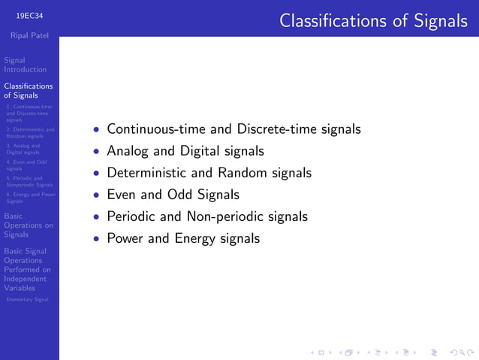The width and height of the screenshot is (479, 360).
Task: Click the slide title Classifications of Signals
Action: pyautogui.click(x=373, y=20)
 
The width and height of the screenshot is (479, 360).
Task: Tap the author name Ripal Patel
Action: pyautogui.click(x=29, y=35)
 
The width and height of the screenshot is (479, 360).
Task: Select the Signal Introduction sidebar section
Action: pyautogui.click(x=25, y=65)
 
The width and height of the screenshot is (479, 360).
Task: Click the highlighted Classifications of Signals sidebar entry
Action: pyautogui.click(x=29, y=91)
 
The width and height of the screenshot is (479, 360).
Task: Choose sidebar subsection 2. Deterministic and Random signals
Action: pyautogui.click(x=29, y=133)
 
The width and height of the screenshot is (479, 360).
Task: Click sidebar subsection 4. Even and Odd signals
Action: pyautogui.click(x=26, y=165)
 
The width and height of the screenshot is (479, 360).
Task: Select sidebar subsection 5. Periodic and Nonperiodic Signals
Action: pyautogui.click(x=29, y=181)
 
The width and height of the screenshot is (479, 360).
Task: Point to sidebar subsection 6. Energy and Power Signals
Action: pyautogui.click(x=29, y=198)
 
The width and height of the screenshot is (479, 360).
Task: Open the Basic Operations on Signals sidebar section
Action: pyautogui.click(x=29, y=225)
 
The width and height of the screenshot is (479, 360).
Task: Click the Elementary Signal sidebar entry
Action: pyautogui.click(x=27, y=299)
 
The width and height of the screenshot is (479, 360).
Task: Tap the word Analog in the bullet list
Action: pyautogui.click(x=128, y=151)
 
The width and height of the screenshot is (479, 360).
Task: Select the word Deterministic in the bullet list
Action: pyautogui.click(x=147, y=173)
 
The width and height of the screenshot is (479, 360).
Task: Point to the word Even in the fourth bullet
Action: pyautogui.click(x=121, y=195)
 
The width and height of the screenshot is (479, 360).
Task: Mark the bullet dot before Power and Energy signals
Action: pyautogui.click(x=96, y=239)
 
